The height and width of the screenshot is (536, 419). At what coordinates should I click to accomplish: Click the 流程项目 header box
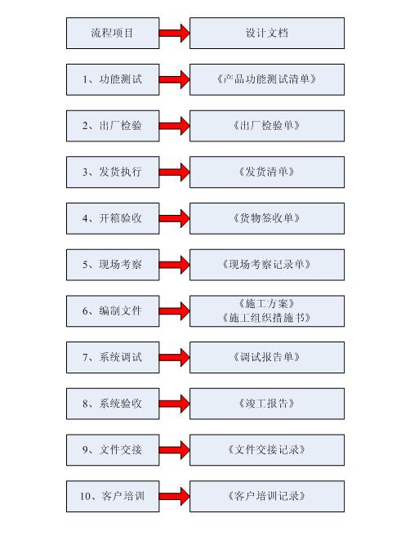tap(113, 33)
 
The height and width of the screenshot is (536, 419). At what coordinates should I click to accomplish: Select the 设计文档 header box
tap(267, 33)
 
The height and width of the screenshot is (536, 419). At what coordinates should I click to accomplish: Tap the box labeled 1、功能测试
tap(113, 79)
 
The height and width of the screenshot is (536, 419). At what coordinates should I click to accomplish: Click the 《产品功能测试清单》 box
tap(267, 79)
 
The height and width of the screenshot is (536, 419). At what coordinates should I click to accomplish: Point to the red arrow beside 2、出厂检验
tap(174, 126)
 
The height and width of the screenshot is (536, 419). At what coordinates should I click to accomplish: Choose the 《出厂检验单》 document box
tap(267, 126)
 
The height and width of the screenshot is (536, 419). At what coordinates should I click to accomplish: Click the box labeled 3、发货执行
tap(113, 172)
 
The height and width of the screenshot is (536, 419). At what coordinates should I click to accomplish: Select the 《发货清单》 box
tap(267, 172)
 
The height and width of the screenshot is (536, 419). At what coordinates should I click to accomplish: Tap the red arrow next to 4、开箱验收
tap(174, 218)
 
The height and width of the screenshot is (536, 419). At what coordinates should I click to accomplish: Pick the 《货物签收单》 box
tap(267, 218)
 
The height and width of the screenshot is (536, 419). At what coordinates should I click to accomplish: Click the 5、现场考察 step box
tap(113, 265)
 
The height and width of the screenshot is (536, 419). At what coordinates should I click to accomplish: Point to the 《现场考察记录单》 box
tap(267, 265)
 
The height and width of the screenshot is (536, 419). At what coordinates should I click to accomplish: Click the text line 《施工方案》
tap(266, 304)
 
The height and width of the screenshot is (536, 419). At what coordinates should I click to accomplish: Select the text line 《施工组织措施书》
tap(266, 318)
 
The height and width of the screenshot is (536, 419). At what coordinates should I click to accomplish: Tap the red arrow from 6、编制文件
tap(174, 311)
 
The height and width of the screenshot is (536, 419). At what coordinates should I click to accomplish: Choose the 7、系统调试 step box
tap(113, 357)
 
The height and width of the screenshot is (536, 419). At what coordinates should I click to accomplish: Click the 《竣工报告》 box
tap(267, 404)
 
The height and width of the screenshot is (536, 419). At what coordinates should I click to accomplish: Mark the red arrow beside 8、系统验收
tap(174, 404)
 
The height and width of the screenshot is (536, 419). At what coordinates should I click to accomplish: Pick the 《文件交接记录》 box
tap(267, 450)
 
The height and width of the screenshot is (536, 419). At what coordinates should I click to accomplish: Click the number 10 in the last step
tap(86, 496)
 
